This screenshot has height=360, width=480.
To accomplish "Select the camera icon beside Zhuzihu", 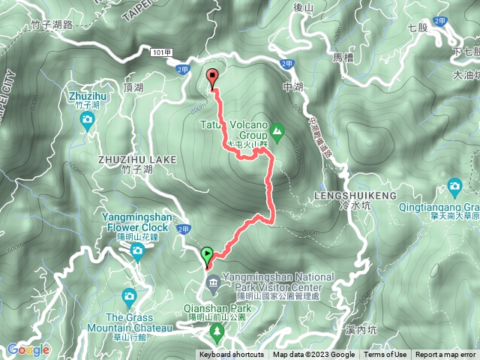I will pos(88,119).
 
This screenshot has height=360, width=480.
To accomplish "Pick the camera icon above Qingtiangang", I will pos(454,186).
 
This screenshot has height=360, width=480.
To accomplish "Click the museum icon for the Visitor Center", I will pos(211,282).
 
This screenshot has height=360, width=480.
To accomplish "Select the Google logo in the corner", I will pos(28,349).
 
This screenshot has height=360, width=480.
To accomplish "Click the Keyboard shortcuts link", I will pos(231,355).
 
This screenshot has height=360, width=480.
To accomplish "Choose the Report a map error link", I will pos(445,355).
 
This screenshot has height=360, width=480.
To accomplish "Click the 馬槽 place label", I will pos(342,56).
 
